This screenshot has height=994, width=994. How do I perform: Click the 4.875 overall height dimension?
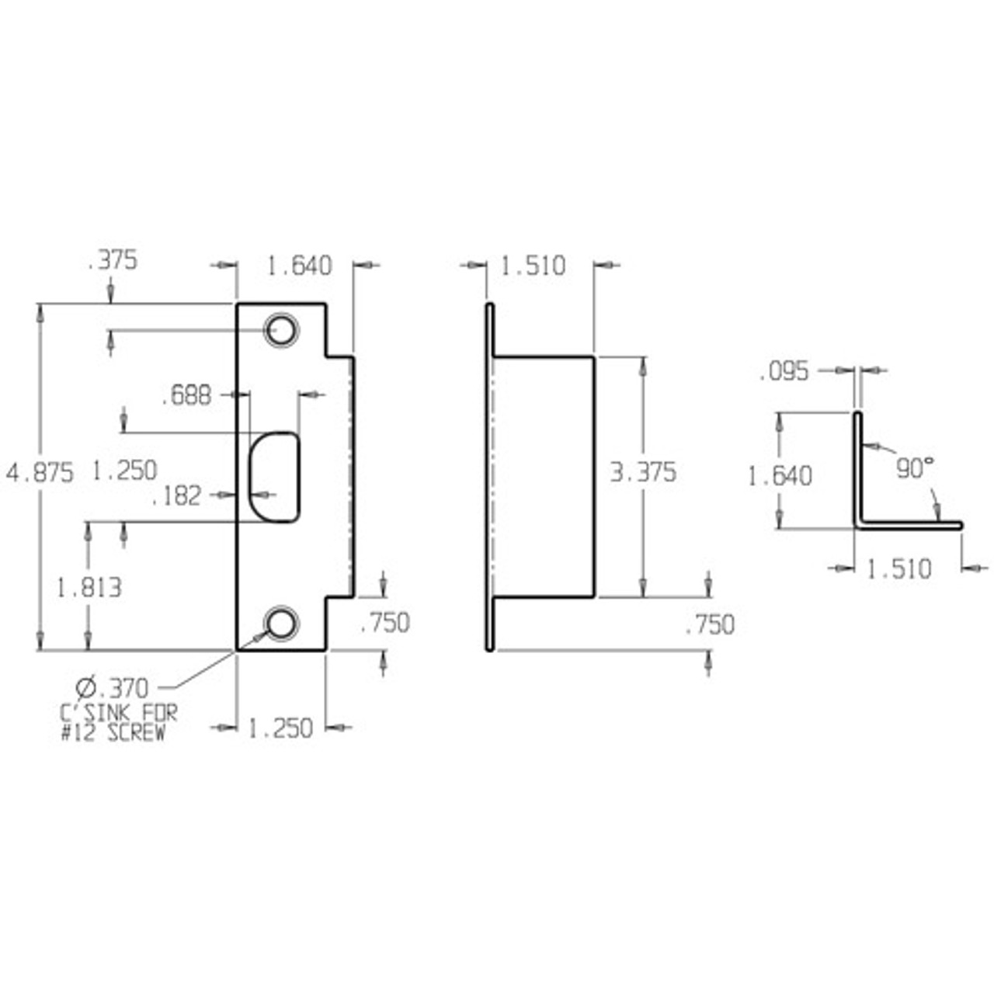[x=40, y=472]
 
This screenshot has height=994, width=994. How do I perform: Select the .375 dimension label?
[x=113, y=261]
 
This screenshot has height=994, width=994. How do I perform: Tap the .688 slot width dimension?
[x=186, y=395]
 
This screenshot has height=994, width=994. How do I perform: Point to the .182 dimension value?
[x=176, y=495]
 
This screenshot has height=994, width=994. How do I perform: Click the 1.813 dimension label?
[x=89, y=588]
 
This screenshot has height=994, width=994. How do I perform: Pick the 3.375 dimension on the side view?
[x=643, y=472]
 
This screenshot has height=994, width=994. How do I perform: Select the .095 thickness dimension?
[x=784, y=371]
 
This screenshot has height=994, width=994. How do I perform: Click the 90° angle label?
[x=914, y=468]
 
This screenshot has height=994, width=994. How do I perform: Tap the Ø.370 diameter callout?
[x=112, y=687]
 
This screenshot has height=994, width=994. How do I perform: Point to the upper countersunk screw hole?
[x=280, y=330]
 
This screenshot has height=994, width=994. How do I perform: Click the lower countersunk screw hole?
[x=280, y=623]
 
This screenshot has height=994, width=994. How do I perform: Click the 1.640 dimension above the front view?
[x=299, y=266]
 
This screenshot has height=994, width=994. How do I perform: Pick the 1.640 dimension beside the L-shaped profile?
[x=780, y=475]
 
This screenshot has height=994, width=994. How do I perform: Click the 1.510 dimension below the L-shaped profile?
[x=898, y=569]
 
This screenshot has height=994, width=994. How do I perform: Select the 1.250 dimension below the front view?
[x=280, y=728]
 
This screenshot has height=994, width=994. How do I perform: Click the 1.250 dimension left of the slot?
[x=124, y=471]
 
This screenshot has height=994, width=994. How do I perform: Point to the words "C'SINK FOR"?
[x=119, y=712]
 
